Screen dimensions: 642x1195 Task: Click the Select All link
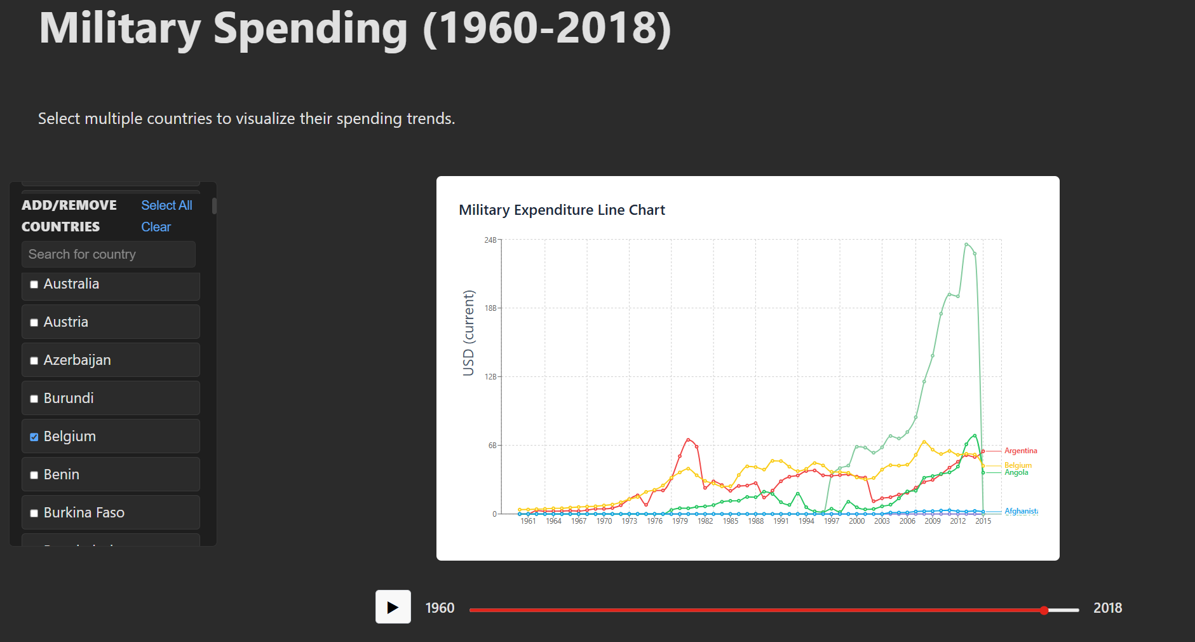click(x=166, y=205)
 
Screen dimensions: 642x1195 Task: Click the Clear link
click(x=156, y=227)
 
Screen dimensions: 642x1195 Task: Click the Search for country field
click(x=108, y=254)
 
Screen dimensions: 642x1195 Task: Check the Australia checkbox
click(x=34, y=284)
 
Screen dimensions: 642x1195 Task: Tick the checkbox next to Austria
click(x=34, y=322)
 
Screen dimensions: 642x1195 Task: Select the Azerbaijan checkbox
click(x=34, y=360)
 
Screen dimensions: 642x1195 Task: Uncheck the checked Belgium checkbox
click(x=34, y=437)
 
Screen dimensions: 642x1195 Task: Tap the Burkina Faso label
click(x=84, y=512)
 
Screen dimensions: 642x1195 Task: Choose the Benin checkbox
click(x=34, y=475)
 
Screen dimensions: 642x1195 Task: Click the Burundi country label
click(x=69, y=398)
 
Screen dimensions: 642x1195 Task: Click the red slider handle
click(x=1044, y=610)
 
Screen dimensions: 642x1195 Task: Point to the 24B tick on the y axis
click(x=490, y=240)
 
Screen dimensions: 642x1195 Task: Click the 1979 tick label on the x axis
click(x=680, y=521)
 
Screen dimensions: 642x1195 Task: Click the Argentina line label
click(x=1020, y=451)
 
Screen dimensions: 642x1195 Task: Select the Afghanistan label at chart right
click(x=1021, y=511)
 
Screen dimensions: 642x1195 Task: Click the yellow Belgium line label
click(x=1018, y=465)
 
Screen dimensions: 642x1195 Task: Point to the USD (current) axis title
click(x=469, y=332)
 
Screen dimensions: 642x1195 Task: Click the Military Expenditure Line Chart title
click(x=562, y=210)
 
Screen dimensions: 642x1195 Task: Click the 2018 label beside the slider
click(x=1107, y=608)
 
